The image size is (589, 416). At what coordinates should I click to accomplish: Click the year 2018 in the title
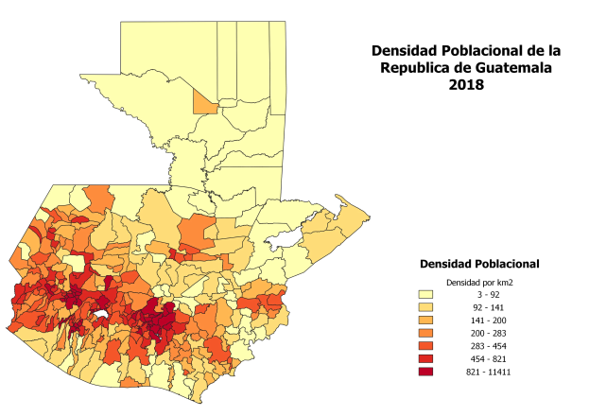(x=467, y=84)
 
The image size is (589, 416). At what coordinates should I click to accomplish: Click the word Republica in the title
(x=419, y=67)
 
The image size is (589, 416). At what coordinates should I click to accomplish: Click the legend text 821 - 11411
(x=493, y=373)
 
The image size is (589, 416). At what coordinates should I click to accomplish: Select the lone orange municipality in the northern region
(x=202, y=102)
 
